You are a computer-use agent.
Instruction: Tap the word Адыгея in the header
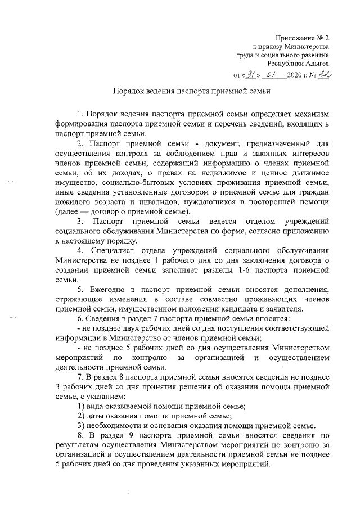(317, 65)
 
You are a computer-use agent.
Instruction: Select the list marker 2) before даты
(80, 415)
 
